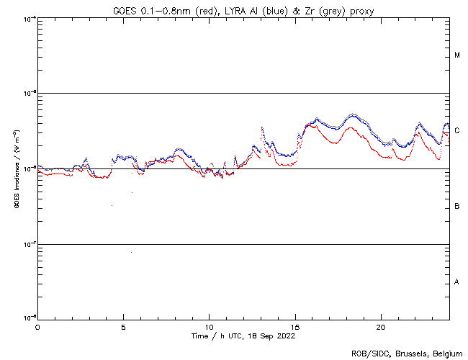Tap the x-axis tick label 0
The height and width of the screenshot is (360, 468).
pyautogui.click(x=37, y=326)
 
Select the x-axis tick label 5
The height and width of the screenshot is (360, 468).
pyautogui.click(x=123, y=326)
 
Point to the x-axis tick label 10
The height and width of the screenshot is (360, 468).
pyautogui.click(x=209, y=326)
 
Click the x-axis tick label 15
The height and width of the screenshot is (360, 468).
pyautogui.click(x=295, y=326)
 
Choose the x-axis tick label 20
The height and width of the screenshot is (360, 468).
pyautogui.click(x=381, y=326)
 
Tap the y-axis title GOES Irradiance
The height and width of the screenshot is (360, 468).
pyautogui.click(x=16, y=170)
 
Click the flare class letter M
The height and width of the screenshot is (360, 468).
pyautogui.click(x=457, y=55)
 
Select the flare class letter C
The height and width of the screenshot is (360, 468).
pyautogui.click(x=457, y=131)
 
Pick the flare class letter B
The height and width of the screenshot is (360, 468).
pyautogui.click(x=457, y=207)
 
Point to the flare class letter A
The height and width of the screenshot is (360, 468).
pyautogui.click(x=457, y=282)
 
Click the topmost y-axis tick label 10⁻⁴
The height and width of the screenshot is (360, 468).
pyautogui.click(x=30, y=18)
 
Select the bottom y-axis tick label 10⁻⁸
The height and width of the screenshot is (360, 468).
pyautogui.click(x=30, y=318)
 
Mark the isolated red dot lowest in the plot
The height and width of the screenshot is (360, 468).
pyautogui.click(x=131, y=252)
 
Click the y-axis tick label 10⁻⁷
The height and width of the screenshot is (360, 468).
pyautogui.click(x=30, y=243)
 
